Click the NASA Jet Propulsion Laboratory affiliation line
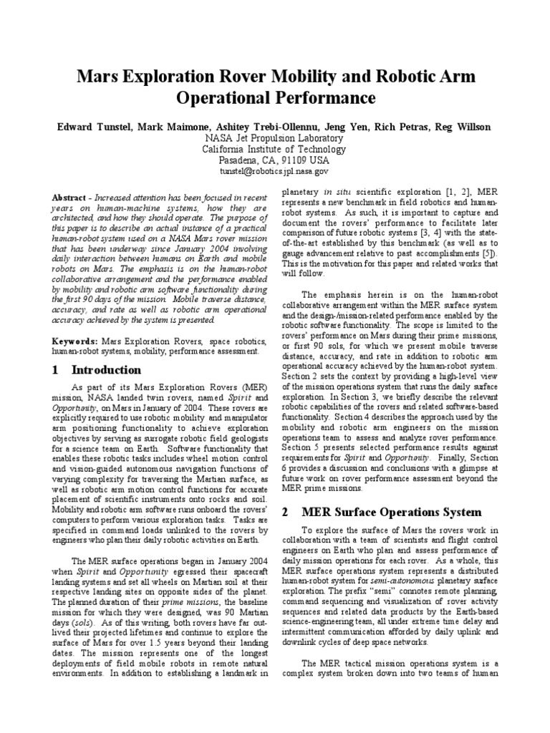coord(274,138)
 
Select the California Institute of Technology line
coord(274,150)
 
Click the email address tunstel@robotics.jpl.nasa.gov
coord(274,172)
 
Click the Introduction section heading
coord(106,370)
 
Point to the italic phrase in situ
coord(337,193)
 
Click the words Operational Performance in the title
coord(274,96)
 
